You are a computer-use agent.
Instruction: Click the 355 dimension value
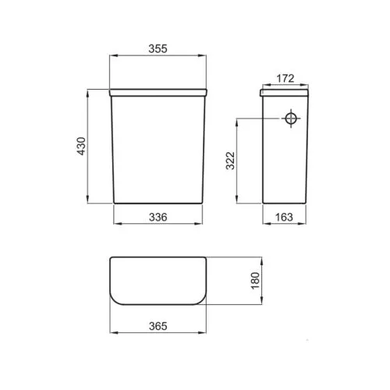click(158, 48)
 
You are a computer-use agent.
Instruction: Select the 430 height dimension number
click(82, 146)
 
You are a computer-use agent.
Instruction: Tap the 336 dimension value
click(158, 217)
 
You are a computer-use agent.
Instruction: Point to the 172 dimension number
click(285, 78)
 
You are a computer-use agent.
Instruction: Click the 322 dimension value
click(230, 161)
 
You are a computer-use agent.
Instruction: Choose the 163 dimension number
click(284, 217)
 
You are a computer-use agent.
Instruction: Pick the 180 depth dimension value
click(255, 281)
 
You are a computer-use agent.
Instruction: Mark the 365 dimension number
click(158, 326)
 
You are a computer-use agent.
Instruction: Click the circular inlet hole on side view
click(291, 119)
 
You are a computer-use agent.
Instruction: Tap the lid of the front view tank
click(158, 93)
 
